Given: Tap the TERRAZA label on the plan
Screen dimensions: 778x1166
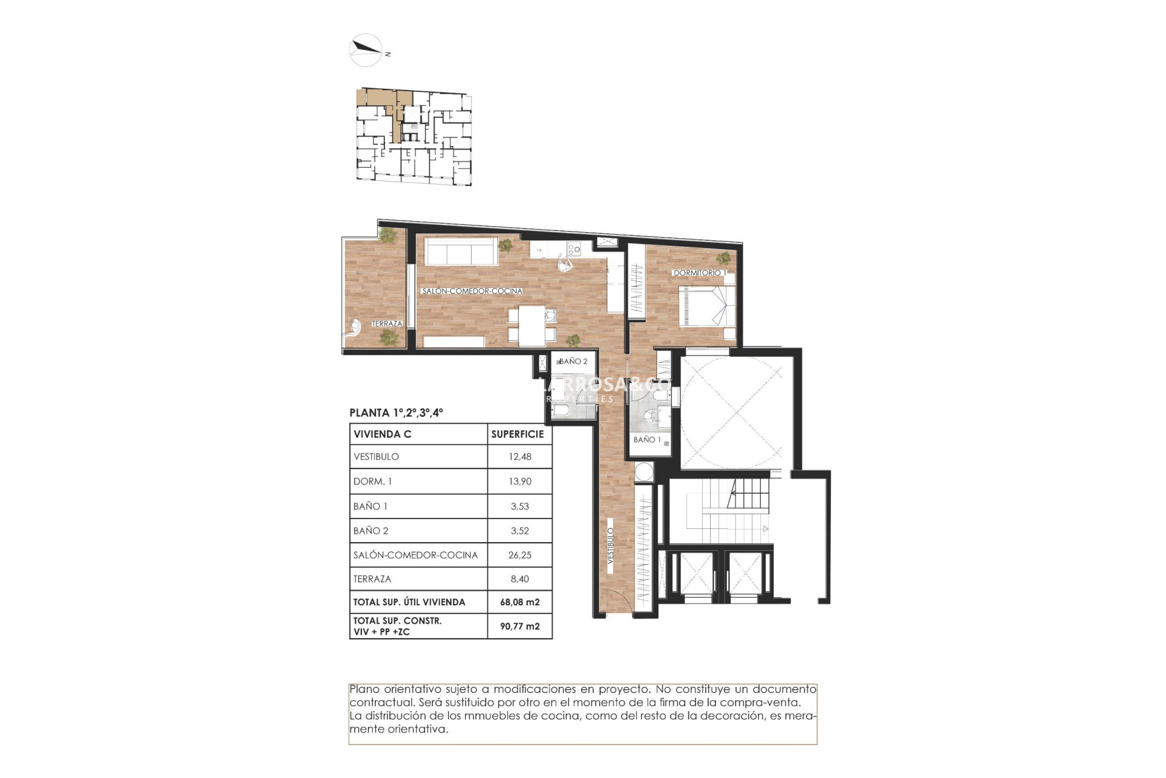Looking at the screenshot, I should tap(387, 323).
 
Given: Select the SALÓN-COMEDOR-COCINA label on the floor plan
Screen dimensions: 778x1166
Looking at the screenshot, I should tap(472, 291).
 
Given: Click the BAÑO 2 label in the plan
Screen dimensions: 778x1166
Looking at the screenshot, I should tap(573, 361).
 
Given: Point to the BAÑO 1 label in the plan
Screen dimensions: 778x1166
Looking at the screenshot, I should tap(647, 439).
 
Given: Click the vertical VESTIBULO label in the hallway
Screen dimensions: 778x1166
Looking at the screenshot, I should tap(611, 545).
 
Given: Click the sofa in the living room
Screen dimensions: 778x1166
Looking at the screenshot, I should tap(460, 250).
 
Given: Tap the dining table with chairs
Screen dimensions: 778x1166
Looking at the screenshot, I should tap(532, 325).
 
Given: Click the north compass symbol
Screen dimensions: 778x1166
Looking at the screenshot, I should tap(366, 49).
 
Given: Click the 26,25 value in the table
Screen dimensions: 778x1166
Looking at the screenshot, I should tap(519, 555).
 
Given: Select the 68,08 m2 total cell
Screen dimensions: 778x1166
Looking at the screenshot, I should tap(519, 602).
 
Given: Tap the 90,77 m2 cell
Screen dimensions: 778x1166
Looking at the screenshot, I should tap(519, 626).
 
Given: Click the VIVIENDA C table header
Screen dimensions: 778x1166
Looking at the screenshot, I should tap(383, 434).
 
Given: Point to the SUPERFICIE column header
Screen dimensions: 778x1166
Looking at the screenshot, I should tap(517, 434).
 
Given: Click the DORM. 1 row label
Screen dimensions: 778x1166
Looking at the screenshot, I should tap(372, 481).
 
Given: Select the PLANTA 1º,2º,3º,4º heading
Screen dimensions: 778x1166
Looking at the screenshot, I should tap(396, 413).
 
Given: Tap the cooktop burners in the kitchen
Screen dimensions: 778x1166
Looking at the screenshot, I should tap(573, 248).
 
